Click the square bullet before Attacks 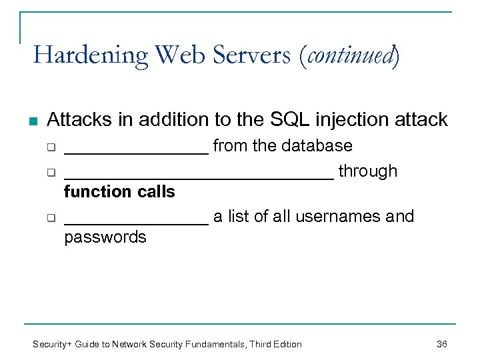tap(33, 121)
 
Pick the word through tap(367, 171)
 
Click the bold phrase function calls tap(119, 192)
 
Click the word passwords tap(105, 237)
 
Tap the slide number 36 tap(441, 344)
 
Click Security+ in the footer tap(53, 344)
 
